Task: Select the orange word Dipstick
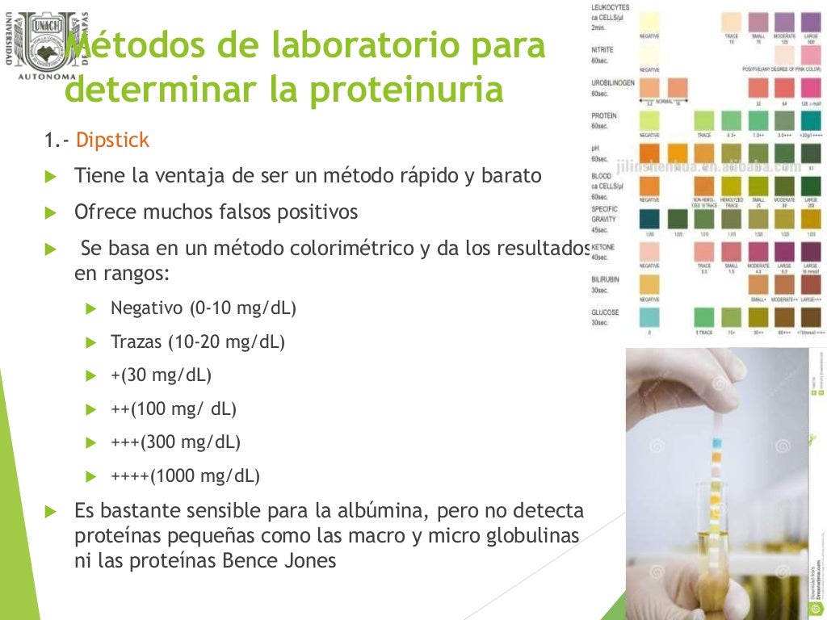coord(113,140)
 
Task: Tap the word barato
coord(513,175)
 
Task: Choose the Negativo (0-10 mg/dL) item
coord(204,308)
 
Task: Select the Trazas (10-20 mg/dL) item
coord(198,342)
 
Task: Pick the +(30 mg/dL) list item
coord(161,375)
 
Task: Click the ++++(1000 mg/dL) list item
coord(185,475)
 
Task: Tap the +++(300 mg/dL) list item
coord(175,442)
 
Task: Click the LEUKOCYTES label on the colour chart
coord(611,7)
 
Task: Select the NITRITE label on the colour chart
coord(602,50)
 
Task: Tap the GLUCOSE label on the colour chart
coord(606,312)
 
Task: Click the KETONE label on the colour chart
coord(603,246)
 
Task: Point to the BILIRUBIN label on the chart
coord(605,279)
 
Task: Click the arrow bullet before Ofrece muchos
coord(51,213)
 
